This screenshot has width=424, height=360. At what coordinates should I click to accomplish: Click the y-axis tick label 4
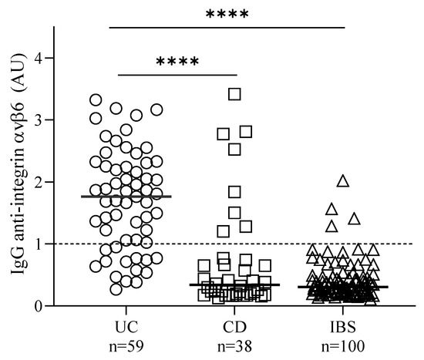click(x=67, y=59)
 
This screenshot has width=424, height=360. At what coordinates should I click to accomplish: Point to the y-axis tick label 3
click(x=67, y=120)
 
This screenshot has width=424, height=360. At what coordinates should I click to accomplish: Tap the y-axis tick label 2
click(x=67, y=182)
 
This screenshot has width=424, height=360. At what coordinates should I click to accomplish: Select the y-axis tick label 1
click(x=67, y=244)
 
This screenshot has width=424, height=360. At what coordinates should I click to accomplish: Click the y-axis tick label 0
click(x=67, y=306)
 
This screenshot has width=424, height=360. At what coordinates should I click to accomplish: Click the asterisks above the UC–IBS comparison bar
click(x=227, y=15)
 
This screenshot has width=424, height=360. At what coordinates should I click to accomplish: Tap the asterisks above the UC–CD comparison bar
click(x=177, y=62)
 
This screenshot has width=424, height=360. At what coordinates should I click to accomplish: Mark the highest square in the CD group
click(x=235, y=94)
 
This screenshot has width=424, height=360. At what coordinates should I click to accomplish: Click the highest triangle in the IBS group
click(x=343, y=181)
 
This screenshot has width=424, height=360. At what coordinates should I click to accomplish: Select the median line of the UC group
click(x=126, y=197)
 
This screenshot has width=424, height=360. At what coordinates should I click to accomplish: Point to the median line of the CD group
click(x=235, y=284)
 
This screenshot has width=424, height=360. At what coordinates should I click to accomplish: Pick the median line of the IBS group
click(x=343, y=287)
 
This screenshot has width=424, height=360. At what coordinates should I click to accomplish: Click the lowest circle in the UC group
click(x=116, y=289)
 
